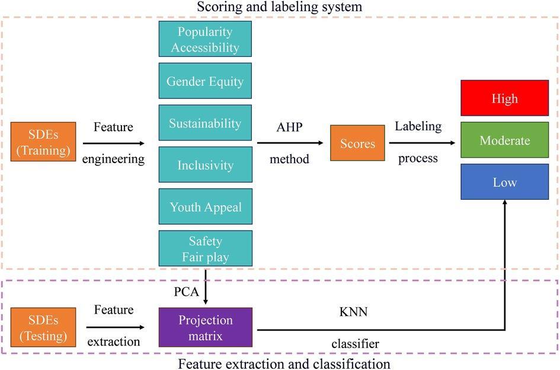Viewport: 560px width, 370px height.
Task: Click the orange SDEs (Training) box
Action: coord(43,142)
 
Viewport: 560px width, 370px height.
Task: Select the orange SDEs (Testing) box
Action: coord(43,327)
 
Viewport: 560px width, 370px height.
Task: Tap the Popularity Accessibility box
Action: coord(205,39)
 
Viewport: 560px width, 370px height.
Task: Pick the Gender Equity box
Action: coord(205,81)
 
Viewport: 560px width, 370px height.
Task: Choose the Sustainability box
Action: coord(205,123)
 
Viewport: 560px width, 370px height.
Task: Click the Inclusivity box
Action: coord(205,165)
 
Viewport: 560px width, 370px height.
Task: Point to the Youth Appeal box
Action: coord(205,207)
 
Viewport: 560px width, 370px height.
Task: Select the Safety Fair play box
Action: coord(205,249)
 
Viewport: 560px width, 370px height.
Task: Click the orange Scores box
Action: coord(357,143)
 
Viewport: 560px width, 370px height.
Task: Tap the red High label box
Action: coord(504,98)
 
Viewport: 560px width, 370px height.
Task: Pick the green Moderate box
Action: coord(504,141)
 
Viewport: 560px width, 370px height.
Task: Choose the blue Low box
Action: coord(504,182)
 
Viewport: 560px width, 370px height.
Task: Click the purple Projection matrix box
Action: coord(205,327)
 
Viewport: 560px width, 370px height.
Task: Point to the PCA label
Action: coord(185,292)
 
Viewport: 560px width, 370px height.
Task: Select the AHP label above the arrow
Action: coord(289,127)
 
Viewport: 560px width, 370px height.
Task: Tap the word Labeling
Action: coord(418,126)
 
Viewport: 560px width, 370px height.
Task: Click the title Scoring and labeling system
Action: coord(280,7)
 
